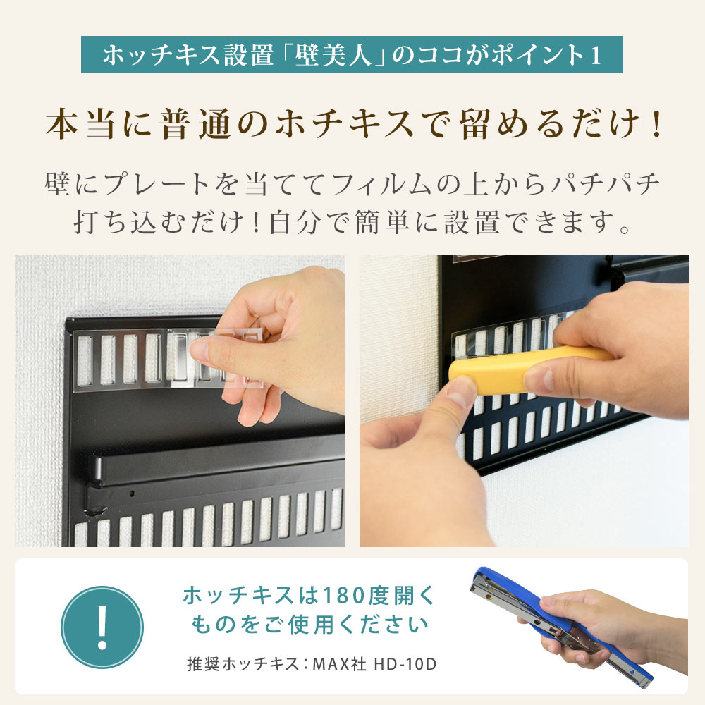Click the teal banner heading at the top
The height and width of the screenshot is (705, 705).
tap(352, 55)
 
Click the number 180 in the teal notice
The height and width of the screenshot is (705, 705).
tap(342, 596)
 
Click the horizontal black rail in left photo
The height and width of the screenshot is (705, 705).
tap(211, 465)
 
